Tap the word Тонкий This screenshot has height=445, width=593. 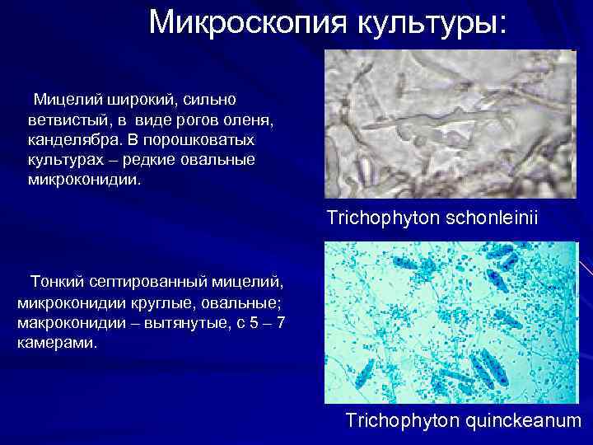[58, 283]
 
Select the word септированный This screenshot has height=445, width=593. [156, 283]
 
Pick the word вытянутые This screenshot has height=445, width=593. [191, 322]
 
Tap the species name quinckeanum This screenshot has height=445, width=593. [525, 421]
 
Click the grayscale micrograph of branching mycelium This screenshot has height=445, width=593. [449, 124]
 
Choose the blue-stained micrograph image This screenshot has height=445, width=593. [451, 322]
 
